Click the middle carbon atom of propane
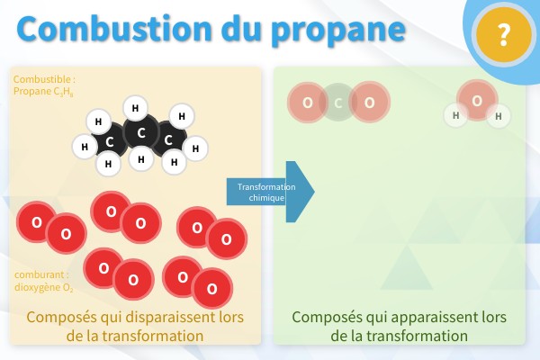[140, 134]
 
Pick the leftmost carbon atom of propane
[109, 141]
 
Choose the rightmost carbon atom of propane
[168, 139]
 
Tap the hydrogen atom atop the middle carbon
[135, 109]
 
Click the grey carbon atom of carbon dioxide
[337, 103]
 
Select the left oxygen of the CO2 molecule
[308, 103]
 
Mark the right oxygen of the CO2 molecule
[369, 103]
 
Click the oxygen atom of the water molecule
[477, 100]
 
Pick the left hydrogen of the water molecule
[456, 115]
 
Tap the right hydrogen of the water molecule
[498, 116]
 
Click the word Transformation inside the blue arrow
[260, 186]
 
